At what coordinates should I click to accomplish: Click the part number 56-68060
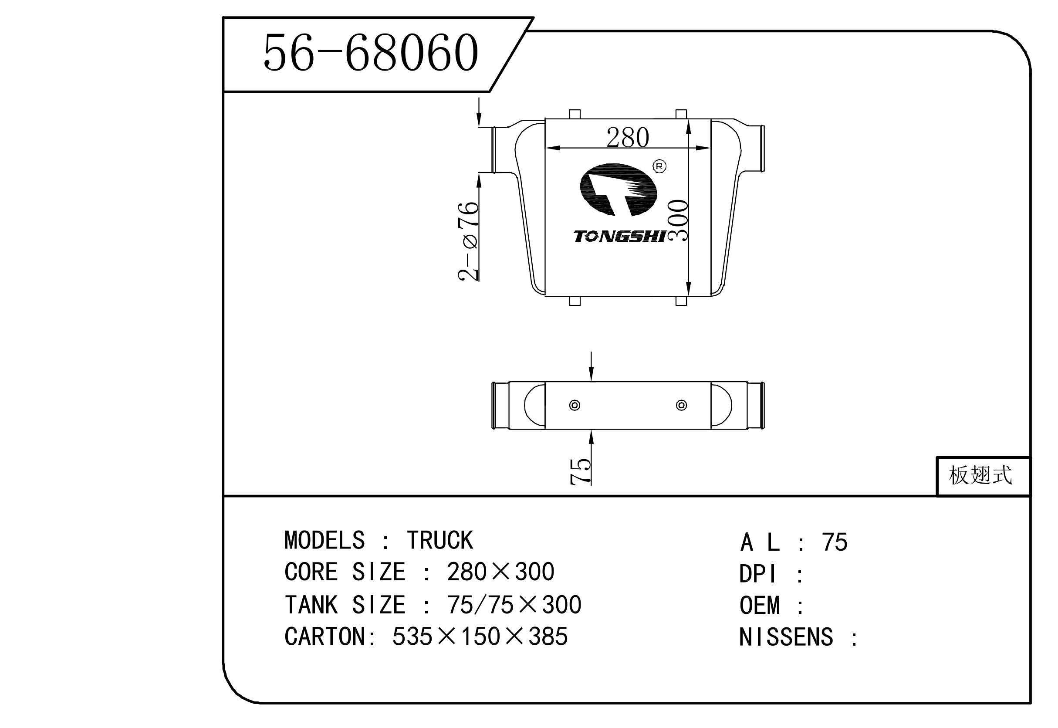coord(371,53)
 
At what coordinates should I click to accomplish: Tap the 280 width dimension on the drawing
coord(628,137)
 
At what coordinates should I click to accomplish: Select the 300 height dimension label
coord(678,220)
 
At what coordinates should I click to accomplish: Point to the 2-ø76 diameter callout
coord(468,241)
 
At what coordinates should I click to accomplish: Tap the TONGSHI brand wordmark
coord(620,236)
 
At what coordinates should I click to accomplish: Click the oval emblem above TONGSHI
coord(618,190)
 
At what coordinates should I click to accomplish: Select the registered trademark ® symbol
coord(659,166)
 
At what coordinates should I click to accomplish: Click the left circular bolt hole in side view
coord(575,405)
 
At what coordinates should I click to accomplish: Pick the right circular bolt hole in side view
coord(681,405)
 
